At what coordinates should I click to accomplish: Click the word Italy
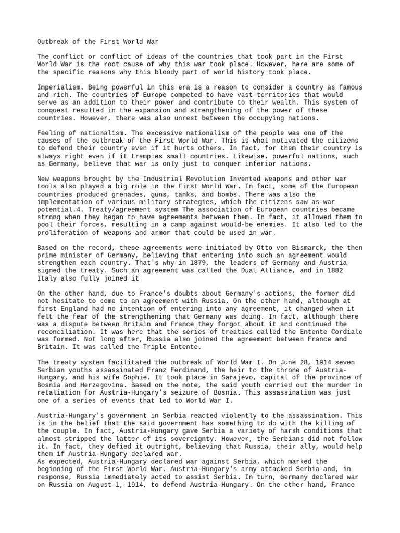[48, 278]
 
